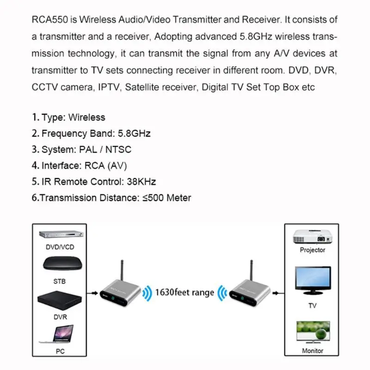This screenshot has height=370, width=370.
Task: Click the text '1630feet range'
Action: coord(185,292)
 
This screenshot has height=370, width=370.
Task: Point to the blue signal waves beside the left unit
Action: coord(147,293)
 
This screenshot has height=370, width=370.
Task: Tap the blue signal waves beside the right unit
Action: coord(222,293)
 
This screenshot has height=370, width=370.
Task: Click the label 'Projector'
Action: coord(313,250)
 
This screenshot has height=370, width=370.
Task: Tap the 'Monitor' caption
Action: coord(313,351)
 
